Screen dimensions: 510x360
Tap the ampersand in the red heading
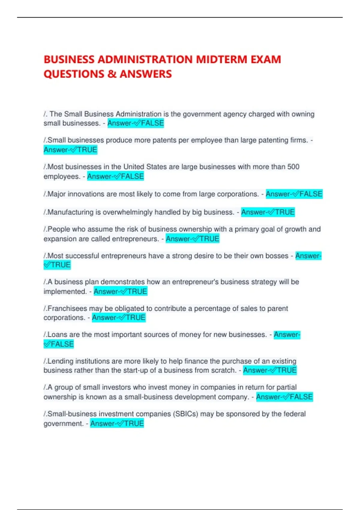[112, 74]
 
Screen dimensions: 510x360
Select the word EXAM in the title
[266, 59]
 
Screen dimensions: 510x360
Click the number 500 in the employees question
[293, 167]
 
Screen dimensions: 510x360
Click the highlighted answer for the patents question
[70, 150]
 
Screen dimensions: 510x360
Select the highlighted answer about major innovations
[294, 194]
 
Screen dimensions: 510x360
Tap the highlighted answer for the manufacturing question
[268, 212]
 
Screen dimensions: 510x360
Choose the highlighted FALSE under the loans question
[59, 344]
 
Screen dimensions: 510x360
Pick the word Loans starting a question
[57, 334]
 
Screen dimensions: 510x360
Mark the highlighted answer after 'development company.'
[284, 397]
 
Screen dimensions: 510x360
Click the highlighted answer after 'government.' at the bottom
[117, 424]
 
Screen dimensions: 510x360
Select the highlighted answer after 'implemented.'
[120, 291]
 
